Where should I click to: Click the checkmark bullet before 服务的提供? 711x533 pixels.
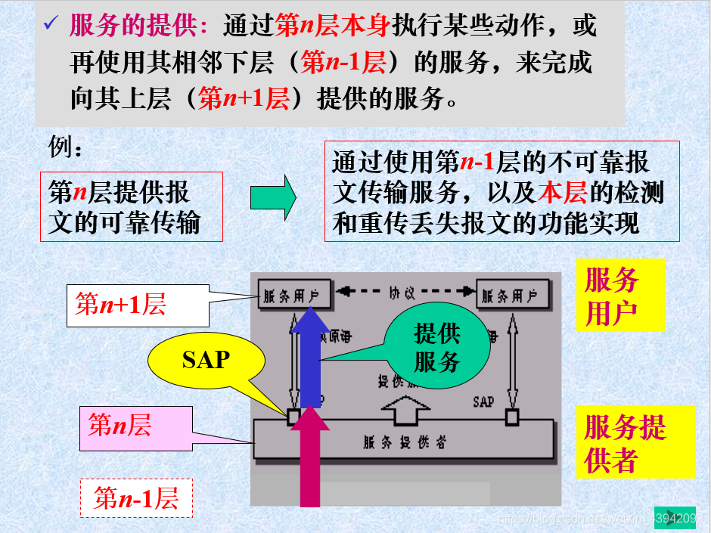pos(51,25)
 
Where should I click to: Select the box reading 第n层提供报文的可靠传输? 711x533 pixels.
pos(132,206)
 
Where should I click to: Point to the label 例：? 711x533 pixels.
pos(66,147)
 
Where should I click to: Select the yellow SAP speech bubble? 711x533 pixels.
pos(205,359)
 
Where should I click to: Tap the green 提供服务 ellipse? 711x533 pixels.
pos(436,348)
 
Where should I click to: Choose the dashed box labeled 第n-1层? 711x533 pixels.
pos(136,498)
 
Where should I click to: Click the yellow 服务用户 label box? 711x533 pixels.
pos(619,295)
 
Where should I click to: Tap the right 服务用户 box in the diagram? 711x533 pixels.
pos(511,295)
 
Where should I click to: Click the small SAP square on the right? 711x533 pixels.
pos(512,417)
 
